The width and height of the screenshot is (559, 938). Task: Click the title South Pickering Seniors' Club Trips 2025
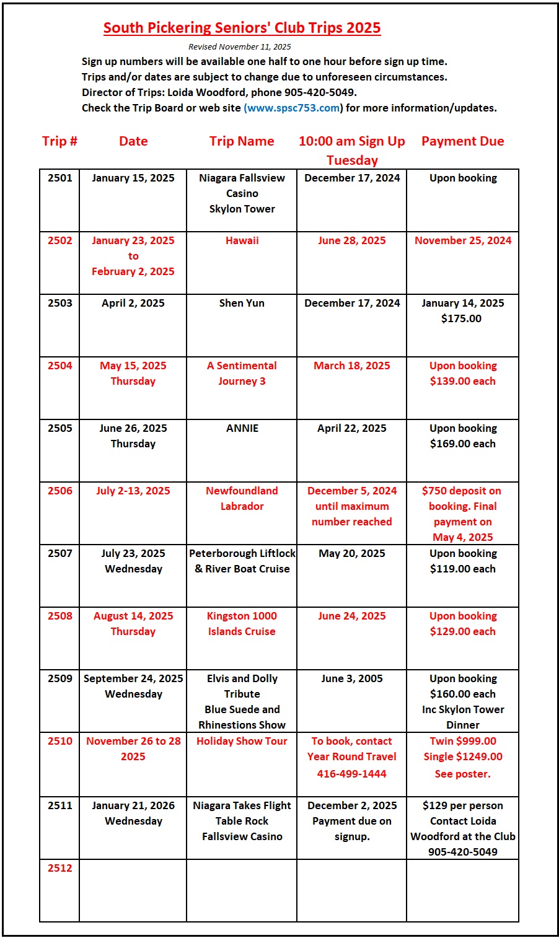click(x=242, y=28)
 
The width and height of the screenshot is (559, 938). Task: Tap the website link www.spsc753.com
click(x=293, y=108)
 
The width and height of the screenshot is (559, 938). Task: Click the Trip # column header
click(x=59, y=141)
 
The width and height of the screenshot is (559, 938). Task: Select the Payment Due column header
click(x=462, y=141)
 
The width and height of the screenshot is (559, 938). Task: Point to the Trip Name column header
click(x=242, y=141)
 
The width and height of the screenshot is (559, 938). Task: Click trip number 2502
click(x=60, y=240)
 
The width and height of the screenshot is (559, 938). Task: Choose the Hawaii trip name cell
click(x=242, y=240)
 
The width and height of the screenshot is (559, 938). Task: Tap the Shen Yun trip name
click(x=242, y=303)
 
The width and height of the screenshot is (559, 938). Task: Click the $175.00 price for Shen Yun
click(x=461, y=318)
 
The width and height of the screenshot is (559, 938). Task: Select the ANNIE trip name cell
click(x=242, y=428)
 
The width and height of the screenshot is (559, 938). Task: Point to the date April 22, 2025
click(x=351, y=428)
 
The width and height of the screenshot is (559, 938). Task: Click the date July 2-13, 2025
click(x=133, y=491)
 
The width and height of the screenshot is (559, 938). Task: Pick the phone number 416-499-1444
click(x=351, y=774)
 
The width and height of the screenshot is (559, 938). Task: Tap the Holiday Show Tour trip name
click(x=242, y=741)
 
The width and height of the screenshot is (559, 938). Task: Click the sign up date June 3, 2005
click(x=351, y=678)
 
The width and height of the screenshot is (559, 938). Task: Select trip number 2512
click(x=60, y=868)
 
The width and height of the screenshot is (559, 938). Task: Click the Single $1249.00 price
click(x=463, y=756)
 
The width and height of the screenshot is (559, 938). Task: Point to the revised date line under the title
click(x=239, y=46)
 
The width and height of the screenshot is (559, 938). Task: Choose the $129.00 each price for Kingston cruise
click(x=462, y=631)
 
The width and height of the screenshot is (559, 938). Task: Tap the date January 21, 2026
click(x=133, y=805)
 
